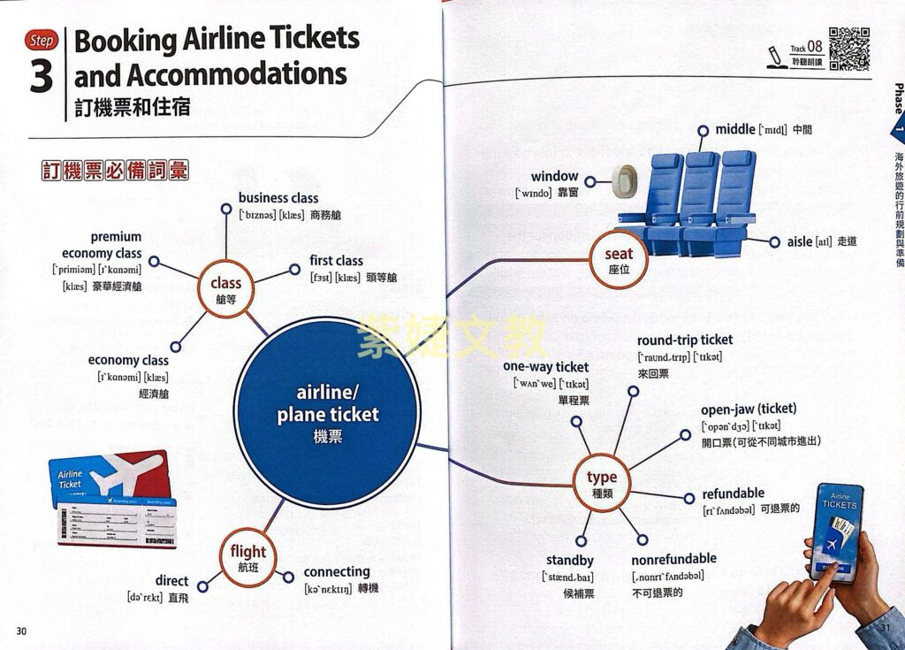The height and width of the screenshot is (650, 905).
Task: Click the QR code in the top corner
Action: (x=848, y=50)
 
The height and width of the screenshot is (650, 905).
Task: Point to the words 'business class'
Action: (x=278, y=198)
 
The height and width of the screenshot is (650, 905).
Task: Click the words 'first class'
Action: (x=336, y=261)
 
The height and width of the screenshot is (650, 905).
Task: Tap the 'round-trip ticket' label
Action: (x=685, y=340)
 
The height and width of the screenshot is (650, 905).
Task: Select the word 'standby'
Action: (x=569, y=561)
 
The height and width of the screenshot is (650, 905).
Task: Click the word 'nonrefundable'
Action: (x=673, y=559)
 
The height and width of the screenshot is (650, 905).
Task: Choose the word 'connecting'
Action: (x=337, y=571)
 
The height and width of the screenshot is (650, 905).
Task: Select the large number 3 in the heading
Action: (x=42, y=78)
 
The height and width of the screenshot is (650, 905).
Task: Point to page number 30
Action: (x=21, y=630)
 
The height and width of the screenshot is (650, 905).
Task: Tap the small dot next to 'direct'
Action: (x=202, y=585)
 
